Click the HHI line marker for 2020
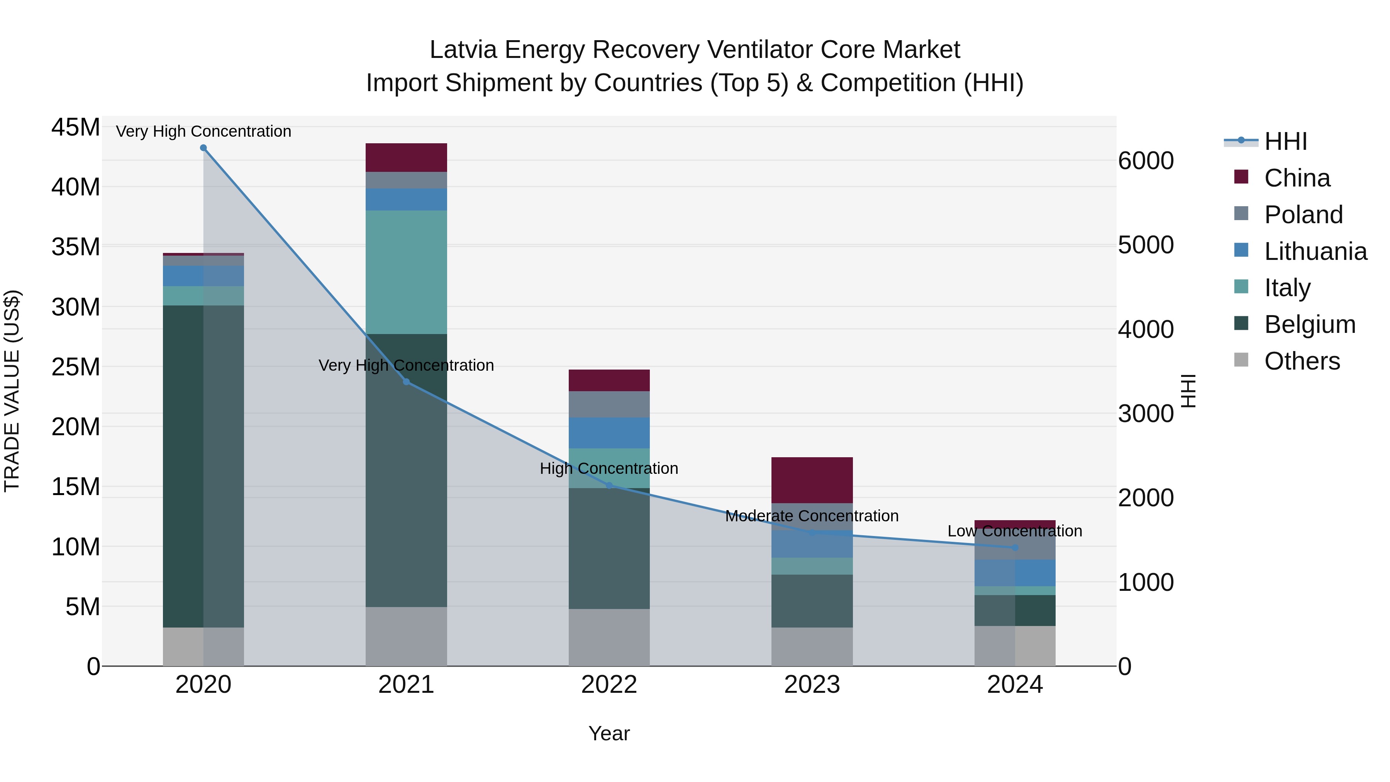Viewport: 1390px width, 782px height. [x=203, y=148]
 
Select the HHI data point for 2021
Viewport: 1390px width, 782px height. [x=406, y=382]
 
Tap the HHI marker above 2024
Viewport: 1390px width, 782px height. [x=1015, y=548]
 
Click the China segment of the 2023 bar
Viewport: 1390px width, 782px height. [x=812, y=480]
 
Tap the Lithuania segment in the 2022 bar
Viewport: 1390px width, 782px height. [x=609, y=433]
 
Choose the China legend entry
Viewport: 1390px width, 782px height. [x=1297, y=178]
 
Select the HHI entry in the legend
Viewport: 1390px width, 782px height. [x=1285, y=141]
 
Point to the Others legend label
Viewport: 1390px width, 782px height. [x=1302, y=361]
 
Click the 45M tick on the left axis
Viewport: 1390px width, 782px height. [x=76, y=128]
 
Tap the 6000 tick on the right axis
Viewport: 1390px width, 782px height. [x=1146, y=161]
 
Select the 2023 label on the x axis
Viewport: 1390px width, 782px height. [x=812, y=685]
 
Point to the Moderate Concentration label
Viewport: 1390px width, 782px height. [x=812, y=516]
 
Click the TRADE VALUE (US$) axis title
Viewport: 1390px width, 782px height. [x=12, y=391]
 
